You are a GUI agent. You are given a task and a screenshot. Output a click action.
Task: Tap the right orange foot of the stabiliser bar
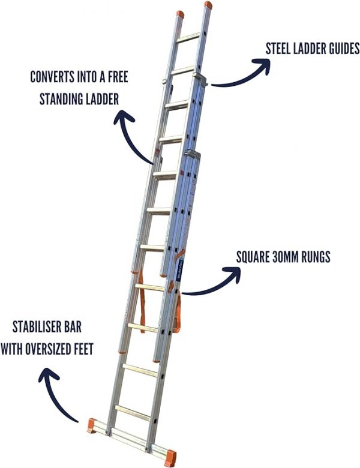tap(170, 452)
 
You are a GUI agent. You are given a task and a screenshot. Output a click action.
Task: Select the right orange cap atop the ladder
tap(208, 5)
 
